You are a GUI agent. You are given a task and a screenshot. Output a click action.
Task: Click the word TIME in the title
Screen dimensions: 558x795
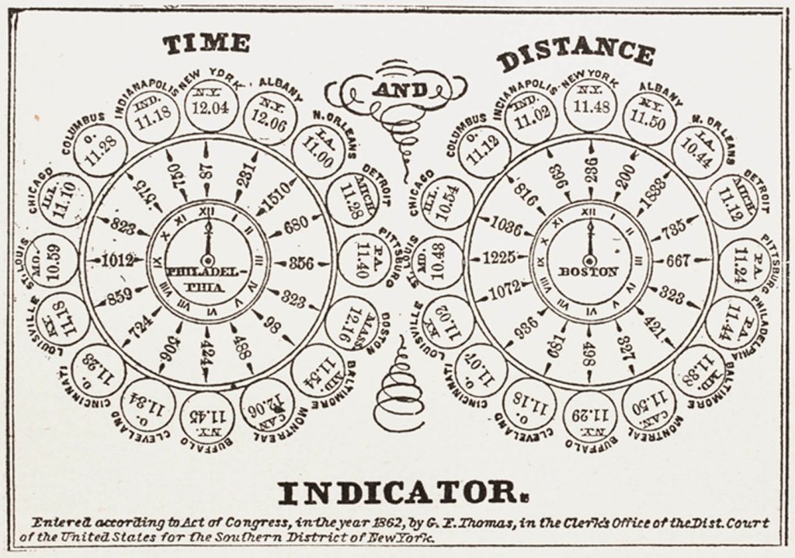(206, 44)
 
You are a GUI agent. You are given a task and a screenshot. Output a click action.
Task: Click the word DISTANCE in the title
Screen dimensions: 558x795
(575, 54)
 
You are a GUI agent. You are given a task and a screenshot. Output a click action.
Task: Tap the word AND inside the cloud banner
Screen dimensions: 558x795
(399, 90)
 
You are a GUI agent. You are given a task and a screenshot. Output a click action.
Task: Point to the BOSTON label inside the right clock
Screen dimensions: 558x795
(588, 272)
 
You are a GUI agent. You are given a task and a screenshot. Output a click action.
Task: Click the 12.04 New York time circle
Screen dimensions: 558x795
(210, 103)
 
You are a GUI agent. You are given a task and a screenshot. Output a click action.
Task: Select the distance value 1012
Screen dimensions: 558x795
(117, 260)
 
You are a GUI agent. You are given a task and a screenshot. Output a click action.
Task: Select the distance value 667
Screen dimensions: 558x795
(678, 261)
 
